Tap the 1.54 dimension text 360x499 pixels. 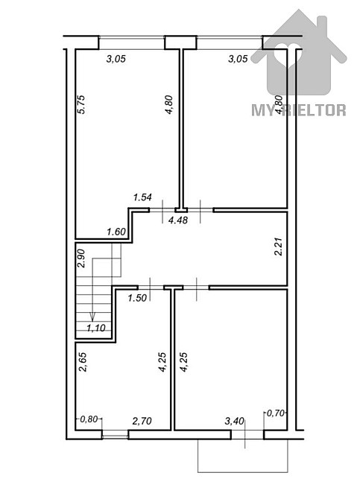(142, 197)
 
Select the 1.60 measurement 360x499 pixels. (116, 232)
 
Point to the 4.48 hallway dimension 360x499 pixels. (177, 220)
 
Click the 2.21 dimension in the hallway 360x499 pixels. (278, 247)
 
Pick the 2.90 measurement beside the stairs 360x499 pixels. (81, 258)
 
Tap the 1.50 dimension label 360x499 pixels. (136, 299)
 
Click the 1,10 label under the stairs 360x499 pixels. (95, 327)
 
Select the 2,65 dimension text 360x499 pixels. (82, 367)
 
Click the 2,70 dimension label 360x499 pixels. (142, 422)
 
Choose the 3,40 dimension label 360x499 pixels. (236, 422)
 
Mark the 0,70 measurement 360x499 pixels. (276, 413)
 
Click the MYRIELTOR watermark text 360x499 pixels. (298, 110)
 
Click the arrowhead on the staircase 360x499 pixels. (92, 317)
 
